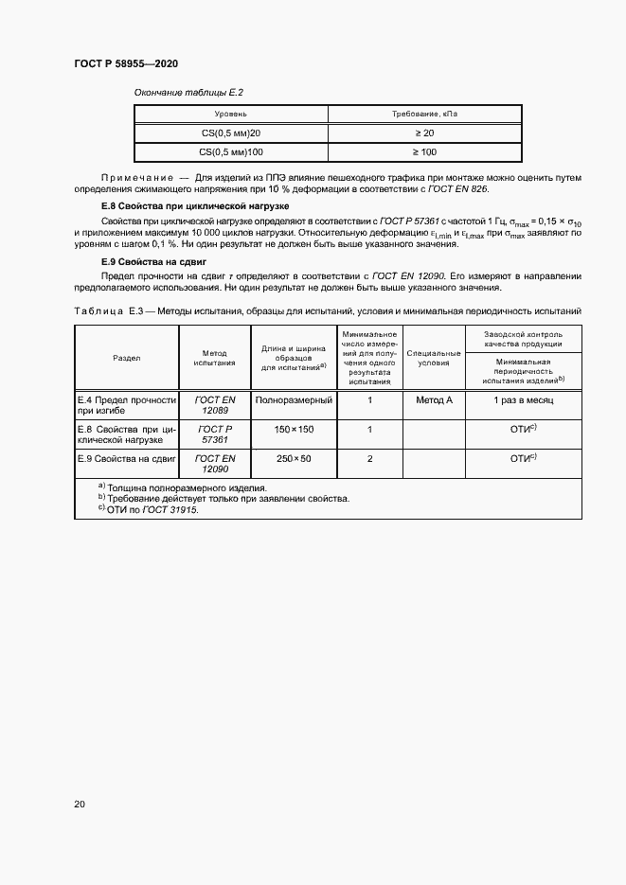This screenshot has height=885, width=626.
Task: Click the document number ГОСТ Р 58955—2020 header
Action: click(x=126, y=64)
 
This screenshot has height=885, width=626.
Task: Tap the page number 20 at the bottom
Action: click(x=80, y=805)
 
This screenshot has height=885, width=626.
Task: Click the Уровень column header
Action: click(x=231, y=114)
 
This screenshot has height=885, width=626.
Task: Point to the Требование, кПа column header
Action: click(x=424, y=114)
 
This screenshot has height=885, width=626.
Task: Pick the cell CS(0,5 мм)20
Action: click(x=231, y=133)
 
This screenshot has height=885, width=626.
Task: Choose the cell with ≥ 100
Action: click(x=424, y=151)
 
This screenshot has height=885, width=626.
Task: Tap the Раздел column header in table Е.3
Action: click(x=127, y=358)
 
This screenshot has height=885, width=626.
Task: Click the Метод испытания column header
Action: click(x=214, y=358)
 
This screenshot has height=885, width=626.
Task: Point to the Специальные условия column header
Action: click(x=434, y=358)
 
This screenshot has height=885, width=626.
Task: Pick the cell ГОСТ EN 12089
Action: click(x=214, y=406)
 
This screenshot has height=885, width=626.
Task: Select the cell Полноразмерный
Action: click(x=294, y=400)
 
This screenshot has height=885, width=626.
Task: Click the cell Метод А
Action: click(x=434, y=400)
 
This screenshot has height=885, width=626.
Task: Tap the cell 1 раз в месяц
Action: click(x=523, y=400)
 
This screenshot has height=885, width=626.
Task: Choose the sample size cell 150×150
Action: click(x=294, y=430)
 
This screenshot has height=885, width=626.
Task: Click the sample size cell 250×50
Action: click(x=294, y=459)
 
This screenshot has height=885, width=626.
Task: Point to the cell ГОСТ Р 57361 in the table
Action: click(x=214, y=435)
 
